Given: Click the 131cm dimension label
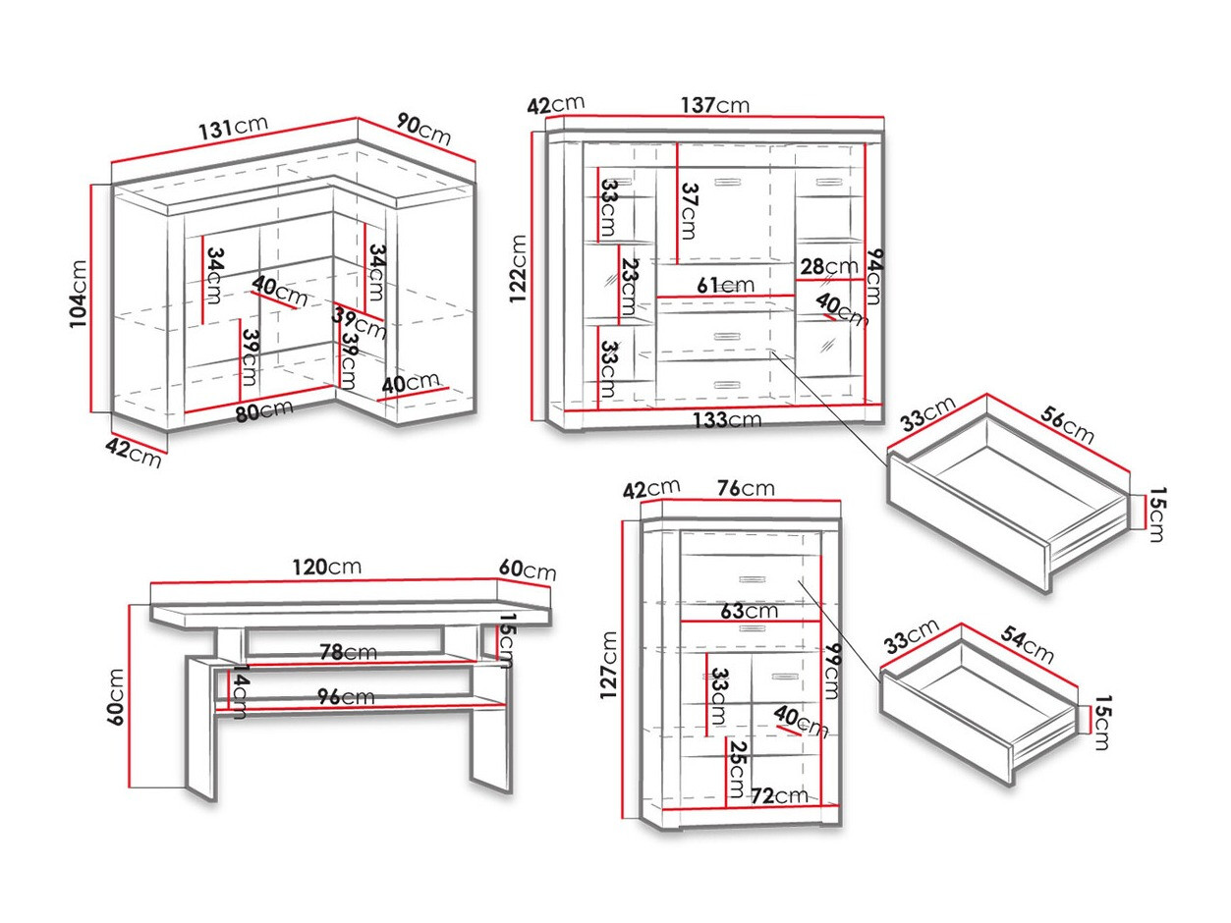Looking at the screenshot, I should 233,129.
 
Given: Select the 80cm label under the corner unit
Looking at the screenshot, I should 264,411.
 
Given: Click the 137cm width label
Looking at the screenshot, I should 716,105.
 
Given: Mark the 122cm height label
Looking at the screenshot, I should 521,268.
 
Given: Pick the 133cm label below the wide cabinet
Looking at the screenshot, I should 728,420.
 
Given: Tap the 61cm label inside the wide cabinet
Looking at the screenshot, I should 725,286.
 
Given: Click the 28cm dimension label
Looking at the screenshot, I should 827,266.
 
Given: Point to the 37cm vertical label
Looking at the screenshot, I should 688,210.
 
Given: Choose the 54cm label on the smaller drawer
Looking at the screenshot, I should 1027,646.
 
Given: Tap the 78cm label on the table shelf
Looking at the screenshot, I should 346,651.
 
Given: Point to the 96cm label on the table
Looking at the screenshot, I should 343,696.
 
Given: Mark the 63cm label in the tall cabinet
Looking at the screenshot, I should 749,611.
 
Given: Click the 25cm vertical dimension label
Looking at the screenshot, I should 736,772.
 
